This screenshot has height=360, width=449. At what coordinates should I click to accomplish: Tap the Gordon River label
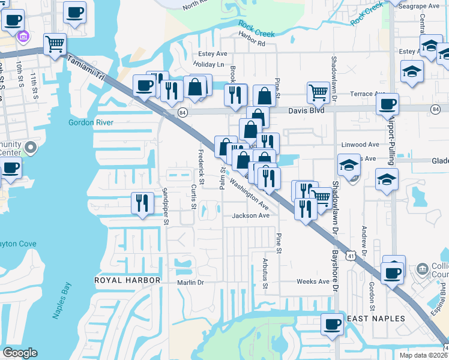tap(88, 122)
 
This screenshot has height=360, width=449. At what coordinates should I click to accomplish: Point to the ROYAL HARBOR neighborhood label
tap(127, 280)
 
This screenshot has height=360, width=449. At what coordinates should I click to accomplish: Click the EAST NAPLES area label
tap(376, 318)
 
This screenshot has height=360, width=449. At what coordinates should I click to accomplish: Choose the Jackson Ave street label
tap(251, 215)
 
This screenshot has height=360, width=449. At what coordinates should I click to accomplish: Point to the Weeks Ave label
tap(313, 281)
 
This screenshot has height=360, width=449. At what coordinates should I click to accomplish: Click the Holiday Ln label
tap(209, 64)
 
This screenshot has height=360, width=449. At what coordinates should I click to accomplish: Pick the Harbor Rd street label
tap(251, 43)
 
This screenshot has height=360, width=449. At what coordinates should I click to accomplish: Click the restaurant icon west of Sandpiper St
tap(142, 203)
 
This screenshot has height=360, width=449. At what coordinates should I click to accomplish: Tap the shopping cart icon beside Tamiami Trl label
tap(54, 43)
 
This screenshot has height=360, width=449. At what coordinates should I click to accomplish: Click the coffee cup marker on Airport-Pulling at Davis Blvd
tap(388, 104)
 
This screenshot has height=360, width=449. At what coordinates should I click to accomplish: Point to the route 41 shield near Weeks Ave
tap(350, 256)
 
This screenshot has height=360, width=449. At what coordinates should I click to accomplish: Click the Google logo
tap(20, 353)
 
